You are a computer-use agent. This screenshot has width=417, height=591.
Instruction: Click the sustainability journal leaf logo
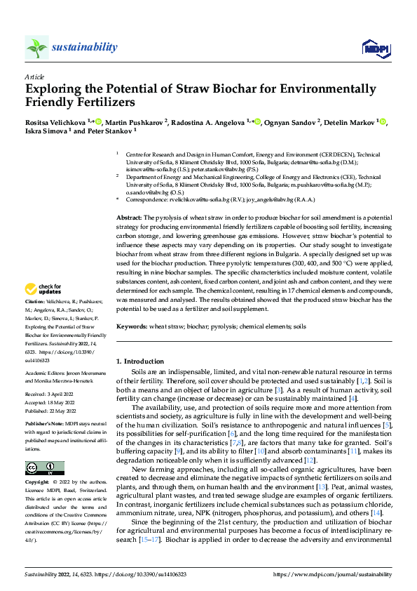pyautogui.click(x=36, y=48)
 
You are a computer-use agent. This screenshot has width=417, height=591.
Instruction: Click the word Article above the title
pyautogui.click(x=34, y=77)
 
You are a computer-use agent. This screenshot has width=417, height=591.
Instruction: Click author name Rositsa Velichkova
pyautogui.click(x=53, y=122)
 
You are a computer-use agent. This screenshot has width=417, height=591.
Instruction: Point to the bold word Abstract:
pyautogui.click(x=129, y=199)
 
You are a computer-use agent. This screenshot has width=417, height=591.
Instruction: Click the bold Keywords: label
pyautogui.click(x=132, y=327)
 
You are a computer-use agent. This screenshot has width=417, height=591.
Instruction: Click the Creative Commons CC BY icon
pyautogui.click(x=45, y=468)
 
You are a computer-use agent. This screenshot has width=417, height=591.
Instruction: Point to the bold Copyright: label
pyautogui.click(x=37, y=484)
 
